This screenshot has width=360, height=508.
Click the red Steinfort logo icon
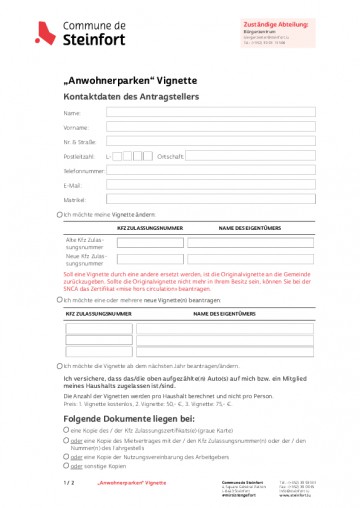43,33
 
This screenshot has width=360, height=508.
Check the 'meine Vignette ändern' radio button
59,215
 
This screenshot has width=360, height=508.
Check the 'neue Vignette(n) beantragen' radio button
59,299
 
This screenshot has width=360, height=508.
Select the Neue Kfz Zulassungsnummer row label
85,260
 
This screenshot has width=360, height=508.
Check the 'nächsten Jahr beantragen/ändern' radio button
59,366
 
